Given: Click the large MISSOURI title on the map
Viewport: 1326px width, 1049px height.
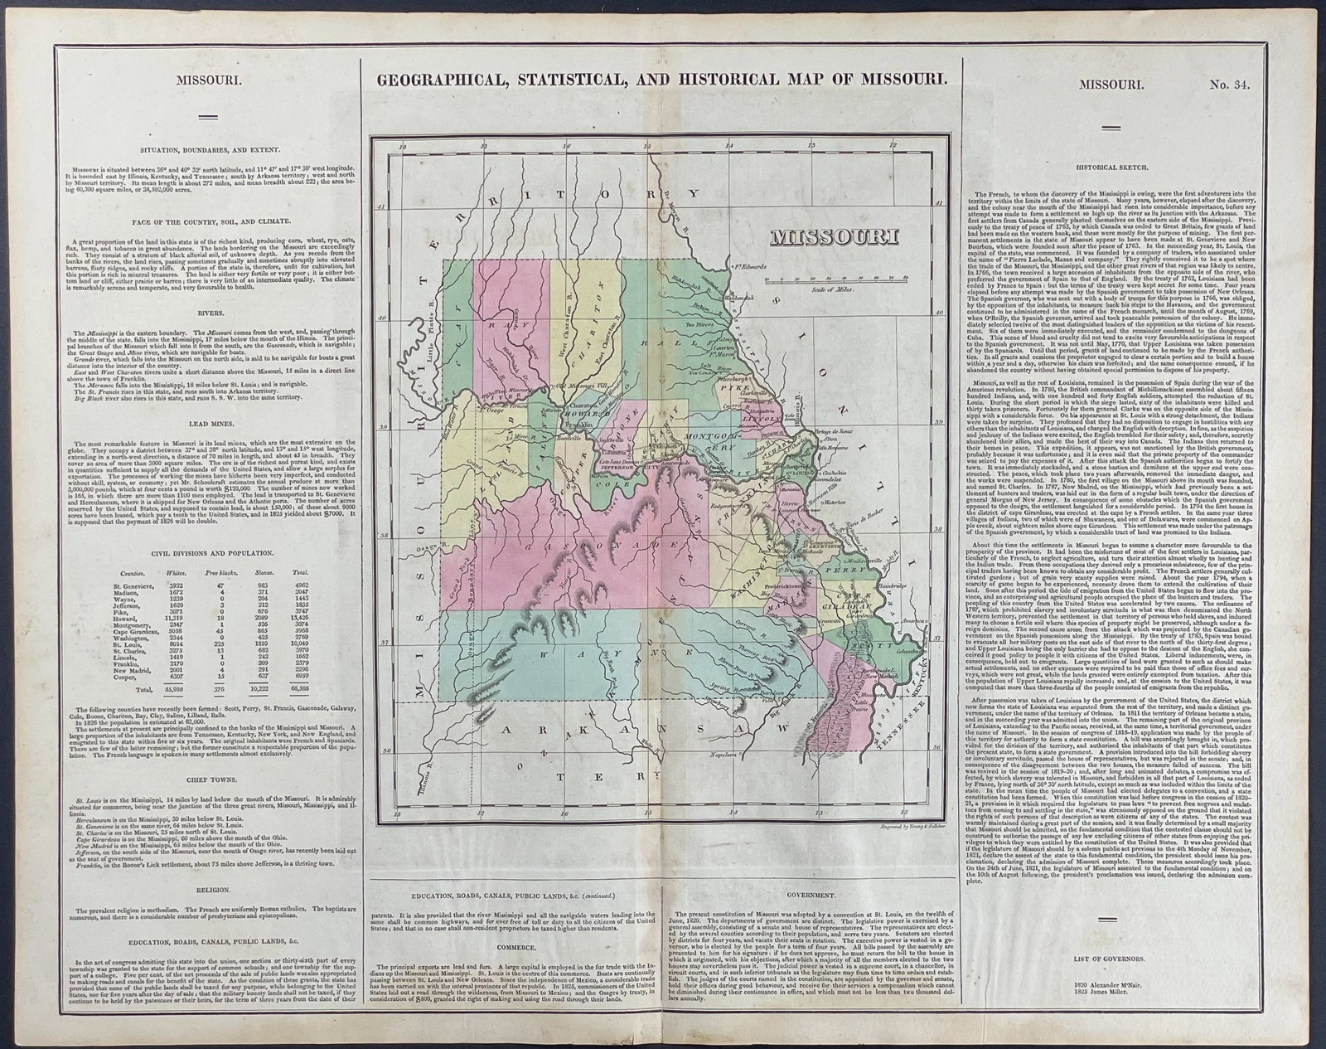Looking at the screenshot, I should tap(835, 239).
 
